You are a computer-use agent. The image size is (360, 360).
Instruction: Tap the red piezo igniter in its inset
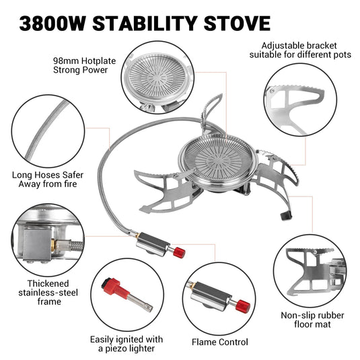(x=112, y=284)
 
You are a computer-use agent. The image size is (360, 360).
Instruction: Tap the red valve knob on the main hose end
(x=180, y=252)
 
